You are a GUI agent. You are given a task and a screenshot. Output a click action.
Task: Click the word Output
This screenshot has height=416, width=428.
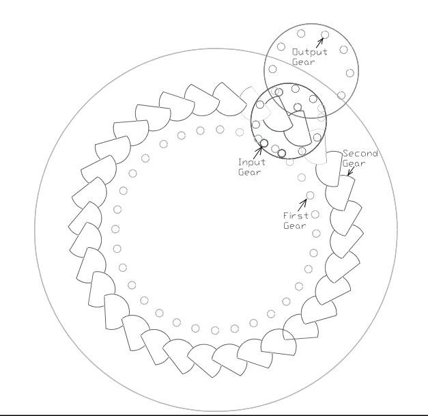309,52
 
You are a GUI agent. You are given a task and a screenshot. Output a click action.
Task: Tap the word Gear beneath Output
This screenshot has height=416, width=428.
304,62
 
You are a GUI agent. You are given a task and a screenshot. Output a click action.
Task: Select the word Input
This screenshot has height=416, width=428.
252,163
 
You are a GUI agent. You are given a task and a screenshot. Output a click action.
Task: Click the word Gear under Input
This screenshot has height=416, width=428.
249,172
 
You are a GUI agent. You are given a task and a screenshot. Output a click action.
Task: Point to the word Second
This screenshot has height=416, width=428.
360,154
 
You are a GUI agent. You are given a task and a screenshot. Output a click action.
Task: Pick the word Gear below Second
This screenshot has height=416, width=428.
354,164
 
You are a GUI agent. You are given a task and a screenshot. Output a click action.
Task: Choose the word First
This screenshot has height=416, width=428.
296,216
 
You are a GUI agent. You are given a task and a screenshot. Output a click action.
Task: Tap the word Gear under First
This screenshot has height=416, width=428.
295,225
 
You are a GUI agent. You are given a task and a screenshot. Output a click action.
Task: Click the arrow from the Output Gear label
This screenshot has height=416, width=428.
319,42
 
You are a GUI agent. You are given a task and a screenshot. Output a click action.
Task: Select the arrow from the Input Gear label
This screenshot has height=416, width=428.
259,152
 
